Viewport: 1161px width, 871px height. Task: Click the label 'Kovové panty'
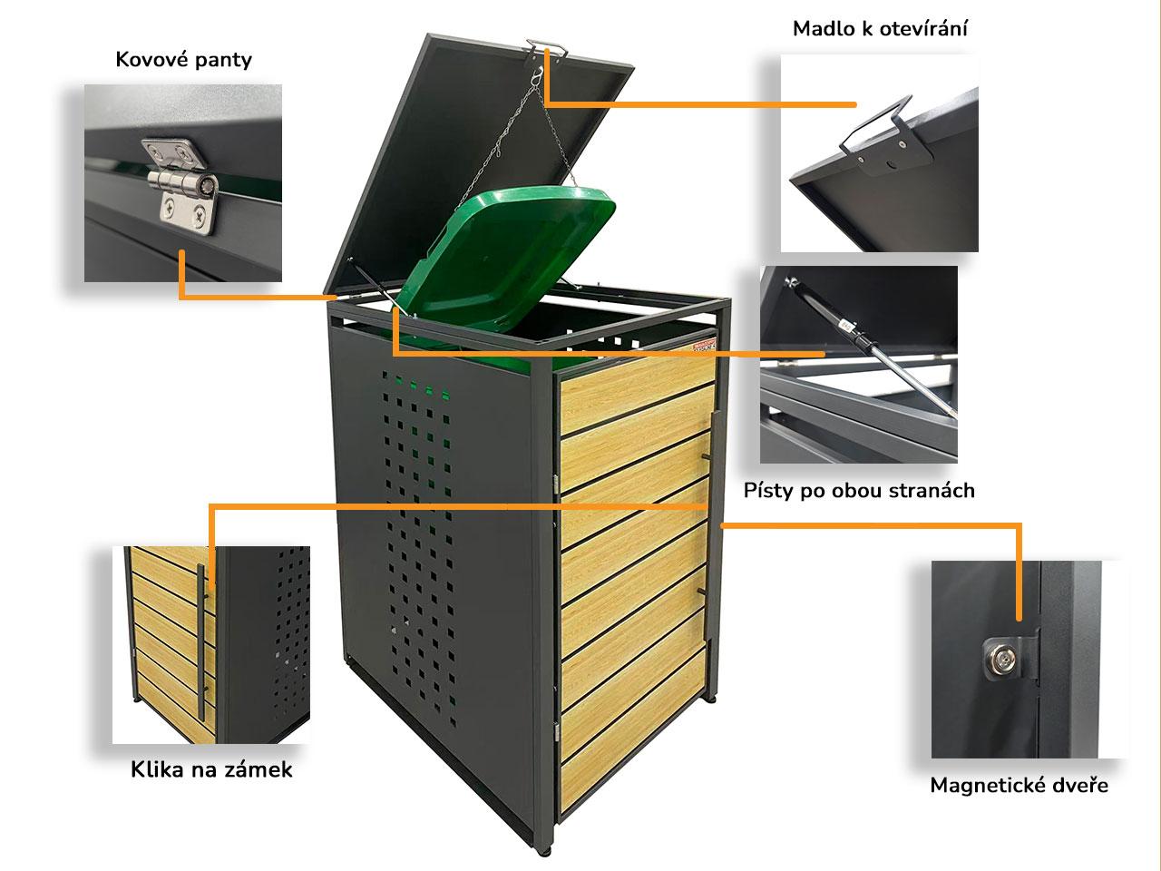(184, 60)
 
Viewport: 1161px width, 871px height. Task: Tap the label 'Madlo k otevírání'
(880, 28)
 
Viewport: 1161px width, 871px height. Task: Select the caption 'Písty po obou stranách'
(859, 491)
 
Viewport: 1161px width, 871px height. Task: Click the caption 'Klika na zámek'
(211, 770)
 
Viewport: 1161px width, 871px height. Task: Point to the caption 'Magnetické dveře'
(1019, 785)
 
